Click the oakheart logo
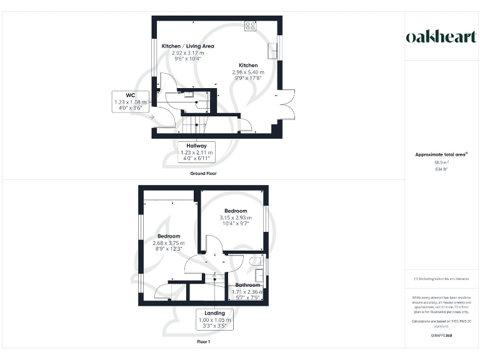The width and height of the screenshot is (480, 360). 441,37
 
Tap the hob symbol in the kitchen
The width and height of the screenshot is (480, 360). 251,26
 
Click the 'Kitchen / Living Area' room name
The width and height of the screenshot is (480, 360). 187,46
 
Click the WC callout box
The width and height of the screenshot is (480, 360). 130,101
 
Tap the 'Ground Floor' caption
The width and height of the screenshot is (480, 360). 204,173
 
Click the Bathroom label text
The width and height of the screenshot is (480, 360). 247,285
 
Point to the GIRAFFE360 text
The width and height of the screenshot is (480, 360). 441,336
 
